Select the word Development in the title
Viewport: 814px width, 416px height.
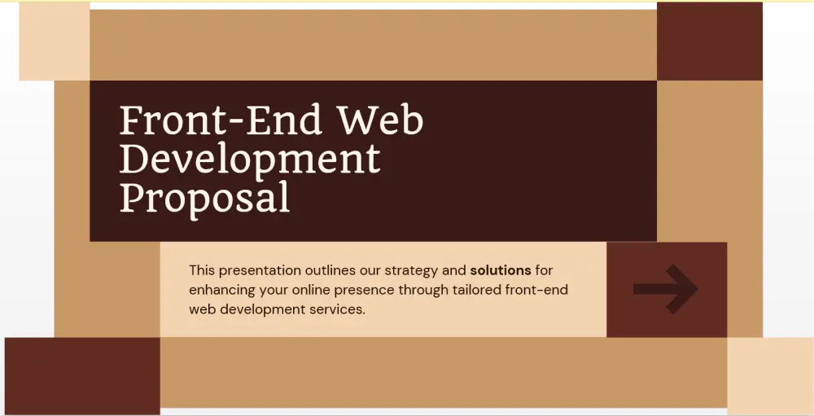coord(250,160)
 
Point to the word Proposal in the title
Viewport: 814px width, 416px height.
coord(204,197)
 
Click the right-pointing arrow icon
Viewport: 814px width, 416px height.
coord(665,289)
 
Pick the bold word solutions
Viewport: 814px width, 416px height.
coord(501,269)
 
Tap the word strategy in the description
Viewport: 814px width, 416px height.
coord(414,270)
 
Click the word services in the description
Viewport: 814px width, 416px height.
coord(334,310)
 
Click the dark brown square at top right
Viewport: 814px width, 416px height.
coord(709,41)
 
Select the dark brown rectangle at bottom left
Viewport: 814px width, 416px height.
coord(82,375)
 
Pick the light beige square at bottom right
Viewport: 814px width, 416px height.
coord(769,375)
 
